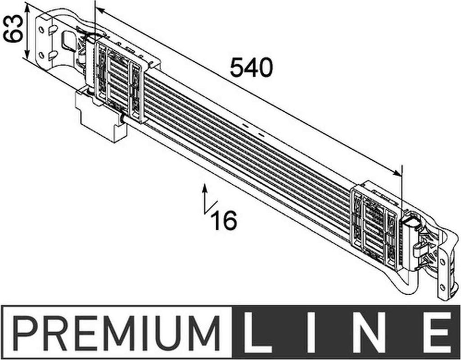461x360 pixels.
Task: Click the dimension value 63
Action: (13, 28)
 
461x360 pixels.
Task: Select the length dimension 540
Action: (251, 68)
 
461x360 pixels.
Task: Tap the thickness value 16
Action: (225, 220)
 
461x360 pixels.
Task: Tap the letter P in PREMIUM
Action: (26, 333)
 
